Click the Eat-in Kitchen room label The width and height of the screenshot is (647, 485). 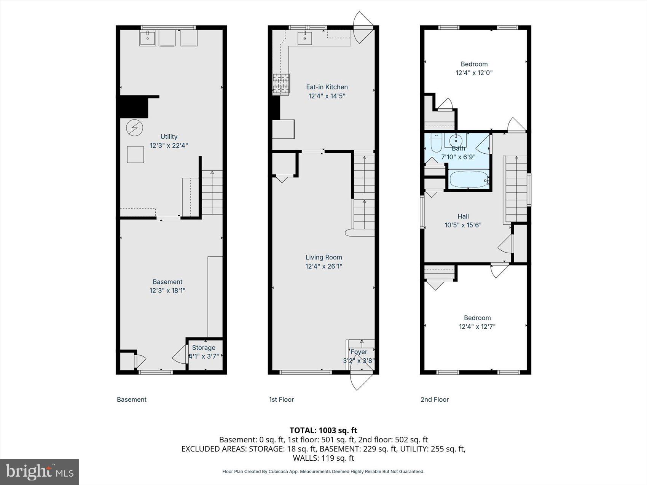click(x=327, y=87)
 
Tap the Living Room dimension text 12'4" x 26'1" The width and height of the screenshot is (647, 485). click(x=324, y=266)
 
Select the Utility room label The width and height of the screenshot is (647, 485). click(x=169, y=137)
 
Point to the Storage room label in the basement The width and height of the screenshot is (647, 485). click(x=204, y=348)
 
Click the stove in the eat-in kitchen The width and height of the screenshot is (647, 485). click(x=281, y=83)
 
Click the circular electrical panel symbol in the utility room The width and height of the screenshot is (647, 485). click(x=134, y=128)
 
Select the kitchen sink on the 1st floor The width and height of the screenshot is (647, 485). click(x=304, y=38)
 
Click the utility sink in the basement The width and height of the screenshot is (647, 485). click(x=147, y=38)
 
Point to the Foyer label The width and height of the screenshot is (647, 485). click(x=359, y=352)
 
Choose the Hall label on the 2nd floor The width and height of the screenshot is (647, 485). click(x=463, y=216)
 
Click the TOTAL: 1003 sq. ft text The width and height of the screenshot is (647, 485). click(x=323, y=430)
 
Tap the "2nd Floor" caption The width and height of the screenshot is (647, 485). click(x=435, y=399)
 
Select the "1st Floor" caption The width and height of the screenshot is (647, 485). click(x=281, y=399)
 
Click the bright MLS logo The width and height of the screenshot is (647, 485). click(x=40, y=472)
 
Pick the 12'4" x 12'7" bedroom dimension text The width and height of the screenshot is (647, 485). click(x=477, y=326)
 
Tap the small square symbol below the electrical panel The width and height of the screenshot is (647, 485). click(x=135, y=154)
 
